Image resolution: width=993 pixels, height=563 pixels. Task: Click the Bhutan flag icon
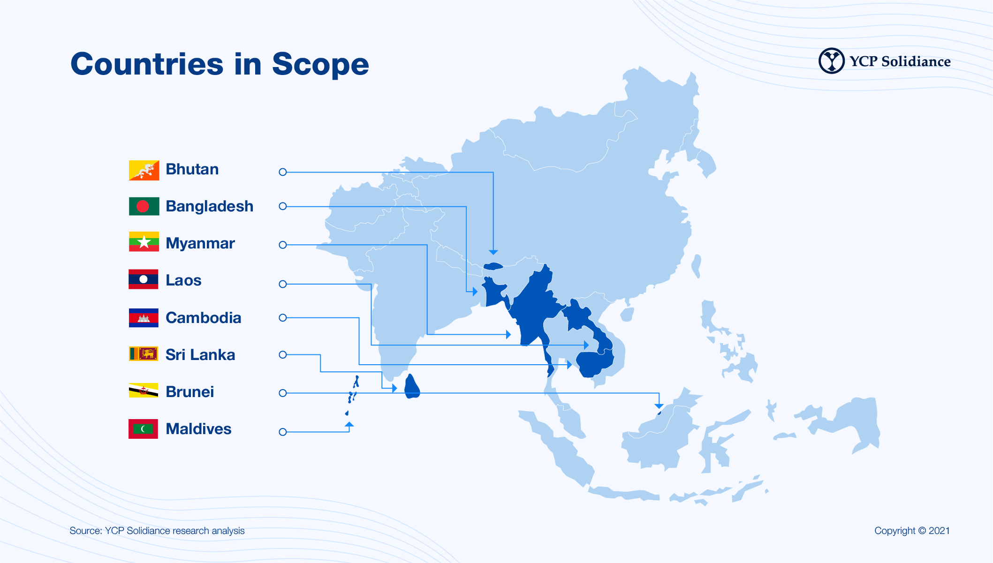tap(144, 170)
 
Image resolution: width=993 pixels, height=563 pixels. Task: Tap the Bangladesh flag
tap(144, 206)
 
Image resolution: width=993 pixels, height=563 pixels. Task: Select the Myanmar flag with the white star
tap(144, 242)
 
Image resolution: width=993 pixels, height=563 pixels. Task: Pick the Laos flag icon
tap(144, 279)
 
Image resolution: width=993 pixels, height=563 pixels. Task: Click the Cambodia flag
tap(144, 317)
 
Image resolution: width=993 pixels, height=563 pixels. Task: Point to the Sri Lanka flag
tap(144, 354)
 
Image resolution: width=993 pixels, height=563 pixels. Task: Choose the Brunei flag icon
tap(144, 390)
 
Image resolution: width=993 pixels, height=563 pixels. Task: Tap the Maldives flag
tap(144, 428)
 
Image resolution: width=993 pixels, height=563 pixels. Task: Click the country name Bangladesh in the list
tap(209, 206)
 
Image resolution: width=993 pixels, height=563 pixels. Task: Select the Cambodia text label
tap(203, 318)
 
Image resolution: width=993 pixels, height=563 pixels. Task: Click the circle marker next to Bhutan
tap(282, 172)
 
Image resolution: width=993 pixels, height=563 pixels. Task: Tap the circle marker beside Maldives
tap(282, 432)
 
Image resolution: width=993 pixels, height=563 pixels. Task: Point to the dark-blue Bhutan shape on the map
tap(493, 266)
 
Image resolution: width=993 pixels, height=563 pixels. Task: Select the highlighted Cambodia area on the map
tap(594, 364)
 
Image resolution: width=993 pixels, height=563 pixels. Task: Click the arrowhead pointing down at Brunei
tap(659, 406)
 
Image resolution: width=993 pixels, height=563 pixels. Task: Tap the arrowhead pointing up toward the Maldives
tap(349, 424)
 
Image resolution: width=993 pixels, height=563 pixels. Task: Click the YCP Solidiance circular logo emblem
tap(832, 61)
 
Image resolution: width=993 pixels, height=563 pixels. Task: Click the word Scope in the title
tap(320, 64)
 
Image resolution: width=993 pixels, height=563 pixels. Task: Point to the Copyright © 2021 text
tap(912, 531)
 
